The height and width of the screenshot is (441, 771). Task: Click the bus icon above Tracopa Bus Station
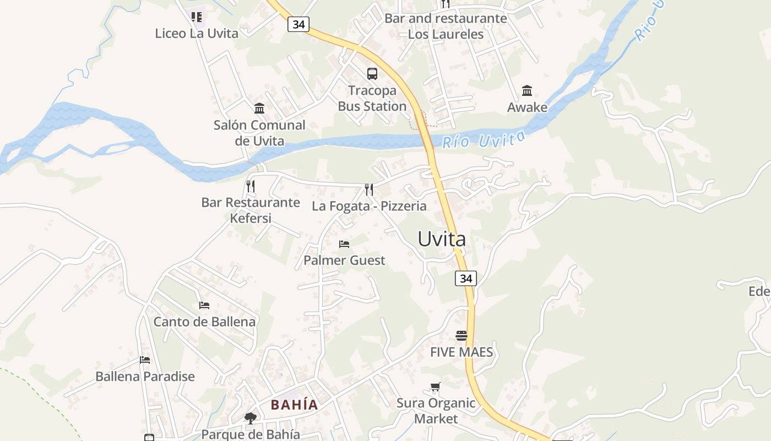point(372,73)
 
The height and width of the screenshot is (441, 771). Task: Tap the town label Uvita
point(442,239)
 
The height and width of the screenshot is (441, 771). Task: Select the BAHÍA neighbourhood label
point(295,405)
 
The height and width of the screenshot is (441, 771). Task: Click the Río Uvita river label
point(484,140)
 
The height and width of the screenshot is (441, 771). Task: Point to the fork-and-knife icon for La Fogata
point(369,190)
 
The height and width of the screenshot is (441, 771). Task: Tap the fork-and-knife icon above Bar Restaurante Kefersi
point(251,186)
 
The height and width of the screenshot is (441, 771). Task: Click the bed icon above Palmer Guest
point(344,244)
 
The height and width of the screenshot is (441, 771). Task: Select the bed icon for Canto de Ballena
point(204,305)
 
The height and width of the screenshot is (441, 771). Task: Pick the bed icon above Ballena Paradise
point(145,360)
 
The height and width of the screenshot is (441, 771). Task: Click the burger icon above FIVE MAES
point(461,335)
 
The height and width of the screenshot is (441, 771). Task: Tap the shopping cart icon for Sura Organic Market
point(436,387)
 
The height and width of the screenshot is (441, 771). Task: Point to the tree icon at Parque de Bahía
point(251,418)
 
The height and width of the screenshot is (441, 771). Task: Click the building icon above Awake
point(527,90)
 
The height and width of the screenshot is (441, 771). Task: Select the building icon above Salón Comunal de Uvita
point(259,108)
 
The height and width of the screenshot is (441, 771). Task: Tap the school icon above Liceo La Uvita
point(197,17)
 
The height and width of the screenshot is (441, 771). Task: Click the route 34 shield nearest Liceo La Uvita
point(298,24)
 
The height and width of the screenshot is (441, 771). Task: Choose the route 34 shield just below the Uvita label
point(466,278)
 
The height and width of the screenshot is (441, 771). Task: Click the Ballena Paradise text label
point(145,377)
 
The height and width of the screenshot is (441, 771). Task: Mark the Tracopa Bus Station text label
point(372,98)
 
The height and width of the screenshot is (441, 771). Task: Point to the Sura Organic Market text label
point(436,411)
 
